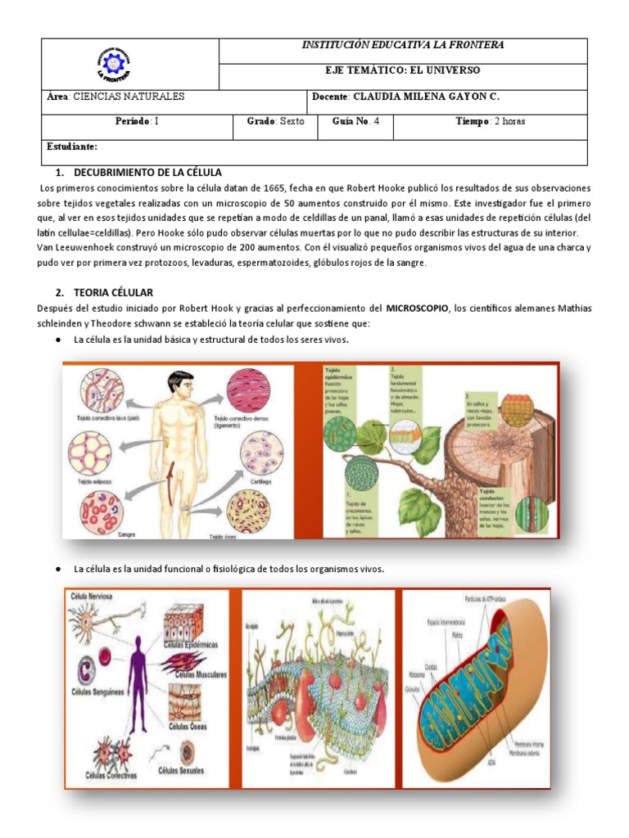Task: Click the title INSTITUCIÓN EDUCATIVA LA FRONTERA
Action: [x=402, y=45]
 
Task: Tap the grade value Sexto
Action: [x=292, y=121]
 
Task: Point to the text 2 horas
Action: [x=509, y=121]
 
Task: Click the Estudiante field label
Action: [x=73, y=146]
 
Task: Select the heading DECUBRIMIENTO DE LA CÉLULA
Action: [x=147, y=173]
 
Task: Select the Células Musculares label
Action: [x=197, y=674]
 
